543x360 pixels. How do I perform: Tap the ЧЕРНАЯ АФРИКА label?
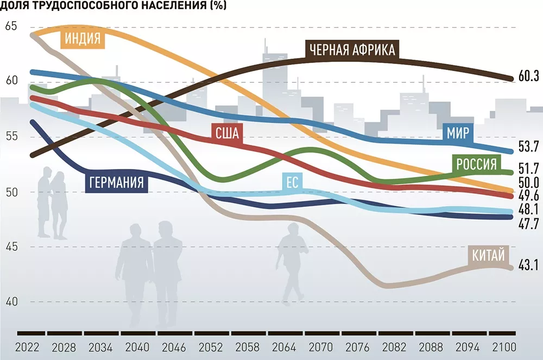352,50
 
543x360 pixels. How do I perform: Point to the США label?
227,133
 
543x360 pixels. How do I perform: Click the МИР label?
458,132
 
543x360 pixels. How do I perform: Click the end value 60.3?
528,76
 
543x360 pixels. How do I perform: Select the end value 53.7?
528,146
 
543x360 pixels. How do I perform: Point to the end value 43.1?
528,266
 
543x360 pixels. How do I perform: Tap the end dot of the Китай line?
510,267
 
